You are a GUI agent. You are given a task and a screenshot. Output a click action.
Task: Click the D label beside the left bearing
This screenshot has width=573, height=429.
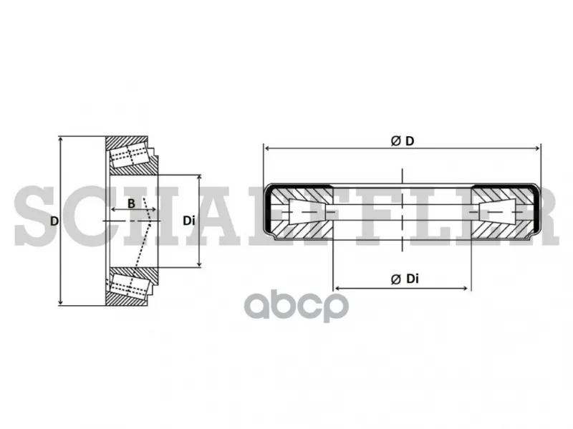point(54,221)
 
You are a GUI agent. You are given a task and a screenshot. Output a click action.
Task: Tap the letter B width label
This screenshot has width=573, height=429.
point(131,203)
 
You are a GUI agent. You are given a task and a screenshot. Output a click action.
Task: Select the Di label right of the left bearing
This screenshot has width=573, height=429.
point(188,221)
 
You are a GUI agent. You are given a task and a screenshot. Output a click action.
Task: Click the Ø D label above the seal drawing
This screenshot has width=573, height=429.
point(403,140)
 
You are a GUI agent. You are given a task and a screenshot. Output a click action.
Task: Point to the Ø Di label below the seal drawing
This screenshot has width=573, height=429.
point(405,279)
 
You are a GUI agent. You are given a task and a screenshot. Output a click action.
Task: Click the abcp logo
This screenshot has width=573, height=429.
point(297,305)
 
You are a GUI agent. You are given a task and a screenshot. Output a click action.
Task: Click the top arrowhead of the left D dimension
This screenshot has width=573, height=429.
point(60,140)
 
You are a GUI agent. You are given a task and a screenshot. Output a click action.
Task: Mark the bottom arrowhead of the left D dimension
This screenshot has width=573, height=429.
point(60,302)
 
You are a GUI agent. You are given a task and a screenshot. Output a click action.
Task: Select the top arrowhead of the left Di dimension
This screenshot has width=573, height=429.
point(199,178)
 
